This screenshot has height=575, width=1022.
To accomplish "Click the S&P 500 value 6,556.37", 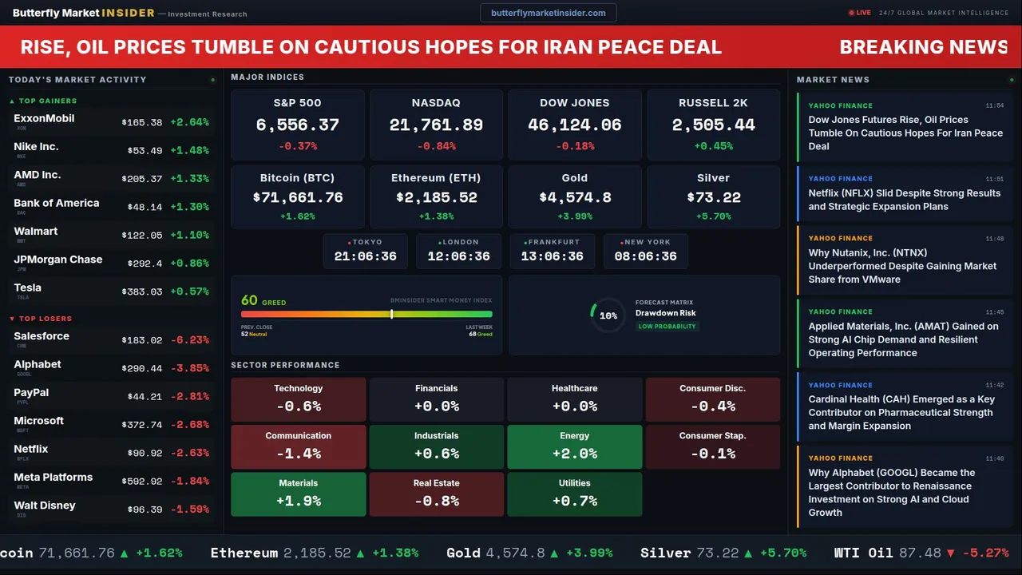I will [297, 125].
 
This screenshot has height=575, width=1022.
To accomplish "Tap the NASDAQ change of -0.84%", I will [436, 146].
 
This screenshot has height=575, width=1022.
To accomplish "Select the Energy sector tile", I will [574, 446].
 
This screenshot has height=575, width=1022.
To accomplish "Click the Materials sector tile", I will [298, 494].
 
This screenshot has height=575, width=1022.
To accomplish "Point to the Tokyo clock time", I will [365, 256].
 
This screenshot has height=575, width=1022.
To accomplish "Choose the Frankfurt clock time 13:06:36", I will [552, 256].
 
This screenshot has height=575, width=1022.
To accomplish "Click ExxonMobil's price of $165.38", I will [142, 123].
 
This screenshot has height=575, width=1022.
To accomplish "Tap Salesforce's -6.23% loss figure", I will [190, 340].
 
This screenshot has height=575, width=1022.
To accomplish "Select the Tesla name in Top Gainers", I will [28, 287].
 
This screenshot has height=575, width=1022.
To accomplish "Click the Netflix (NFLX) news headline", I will [904, 200].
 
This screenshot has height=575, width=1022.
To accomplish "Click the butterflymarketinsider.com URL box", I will [548, 13].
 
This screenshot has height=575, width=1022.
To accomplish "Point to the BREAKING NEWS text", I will [923, 47].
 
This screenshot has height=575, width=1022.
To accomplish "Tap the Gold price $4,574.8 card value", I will [574, 197].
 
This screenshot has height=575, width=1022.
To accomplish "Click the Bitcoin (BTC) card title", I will [297, 178].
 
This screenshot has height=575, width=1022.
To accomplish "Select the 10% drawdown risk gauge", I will [608, 315].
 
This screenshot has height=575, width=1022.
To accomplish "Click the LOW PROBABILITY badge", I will [667, 327].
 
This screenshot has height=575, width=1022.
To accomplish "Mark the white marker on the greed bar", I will [391, 315].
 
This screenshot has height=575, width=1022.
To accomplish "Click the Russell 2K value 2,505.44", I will [713, 125].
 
